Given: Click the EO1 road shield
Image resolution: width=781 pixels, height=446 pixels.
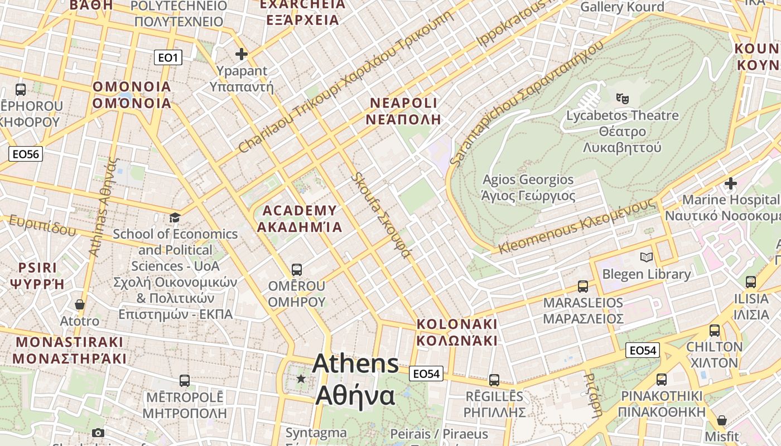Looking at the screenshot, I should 168,57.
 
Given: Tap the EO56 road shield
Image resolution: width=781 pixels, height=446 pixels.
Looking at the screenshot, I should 26,154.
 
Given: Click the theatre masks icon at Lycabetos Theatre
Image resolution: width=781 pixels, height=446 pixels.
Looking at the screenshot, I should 622,99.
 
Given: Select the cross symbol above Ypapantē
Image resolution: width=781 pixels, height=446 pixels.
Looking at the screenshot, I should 241,54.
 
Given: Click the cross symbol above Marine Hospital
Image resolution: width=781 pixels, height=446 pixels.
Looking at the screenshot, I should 730,183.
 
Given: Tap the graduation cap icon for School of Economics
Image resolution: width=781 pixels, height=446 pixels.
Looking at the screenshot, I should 175,217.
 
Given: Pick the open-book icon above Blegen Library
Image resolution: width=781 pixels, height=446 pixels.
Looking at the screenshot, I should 646,257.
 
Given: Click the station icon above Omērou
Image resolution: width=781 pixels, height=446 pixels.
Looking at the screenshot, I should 296,269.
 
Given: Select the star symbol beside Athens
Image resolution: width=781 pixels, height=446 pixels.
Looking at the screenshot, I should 301,379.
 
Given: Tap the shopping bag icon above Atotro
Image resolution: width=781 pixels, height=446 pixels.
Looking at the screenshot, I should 80,304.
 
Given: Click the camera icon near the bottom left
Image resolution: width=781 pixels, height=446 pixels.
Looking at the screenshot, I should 98,433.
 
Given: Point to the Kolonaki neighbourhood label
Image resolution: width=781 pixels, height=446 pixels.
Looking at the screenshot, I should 456,332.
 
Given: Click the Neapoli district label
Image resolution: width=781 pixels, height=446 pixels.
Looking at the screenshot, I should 404,111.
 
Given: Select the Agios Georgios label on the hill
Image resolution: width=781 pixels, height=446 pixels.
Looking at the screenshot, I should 528,187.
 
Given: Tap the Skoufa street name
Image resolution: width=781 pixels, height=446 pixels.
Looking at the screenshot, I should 381,215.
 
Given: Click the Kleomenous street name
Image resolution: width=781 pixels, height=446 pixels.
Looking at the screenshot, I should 577,226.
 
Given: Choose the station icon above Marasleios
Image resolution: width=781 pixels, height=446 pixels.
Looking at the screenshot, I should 582,287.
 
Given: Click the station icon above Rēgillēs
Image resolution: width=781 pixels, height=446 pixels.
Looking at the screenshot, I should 494,380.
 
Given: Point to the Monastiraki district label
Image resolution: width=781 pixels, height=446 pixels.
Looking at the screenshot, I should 69,350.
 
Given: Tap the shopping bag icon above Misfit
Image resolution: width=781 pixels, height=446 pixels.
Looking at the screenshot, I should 722,420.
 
